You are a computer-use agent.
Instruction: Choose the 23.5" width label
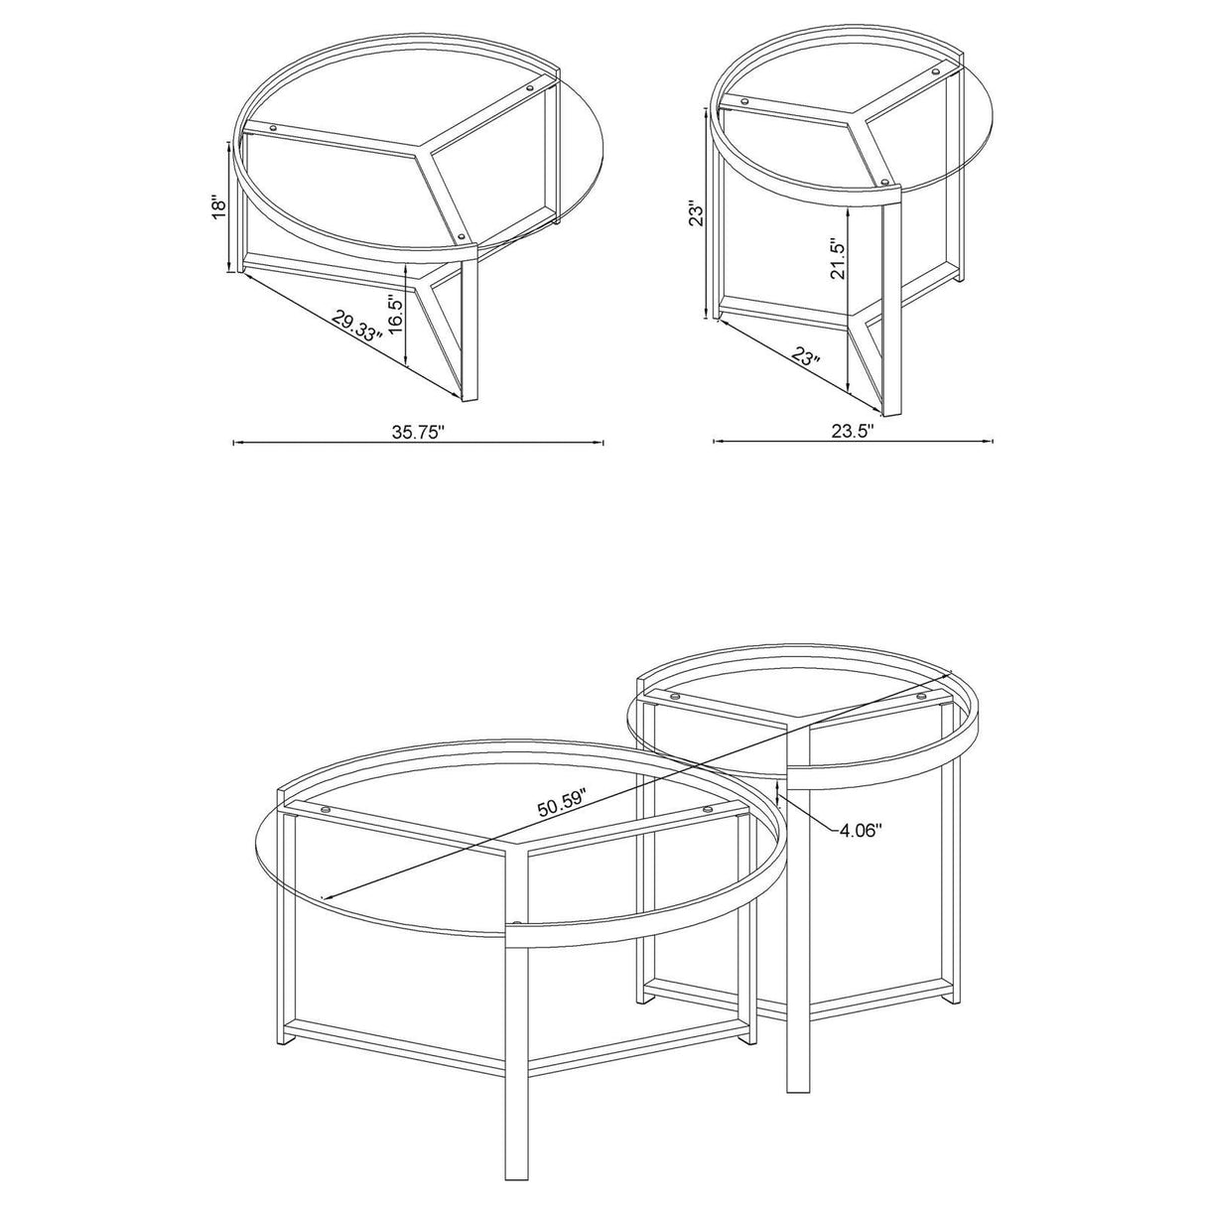point(850,431)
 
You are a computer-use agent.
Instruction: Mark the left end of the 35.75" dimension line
point(233,443)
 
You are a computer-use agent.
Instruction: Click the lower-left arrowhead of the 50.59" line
point(324,901)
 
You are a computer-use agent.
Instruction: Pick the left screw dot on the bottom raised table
point(675,698)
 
